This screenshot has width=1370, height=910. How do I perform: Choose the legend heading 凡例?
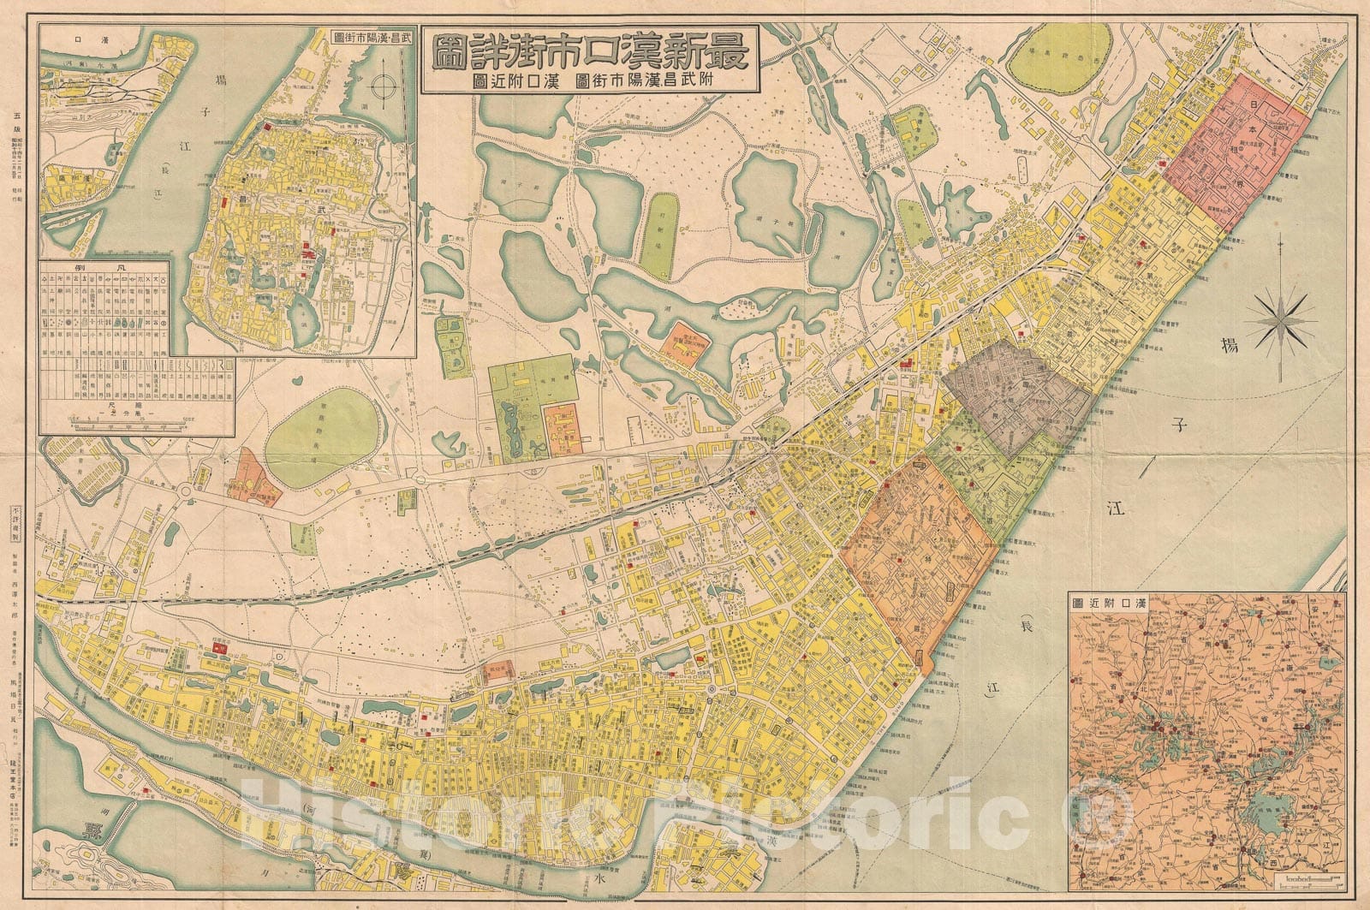(104, 268)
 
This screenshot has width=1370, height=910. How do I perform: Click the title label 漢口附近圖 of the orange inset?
(1108, 602)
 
